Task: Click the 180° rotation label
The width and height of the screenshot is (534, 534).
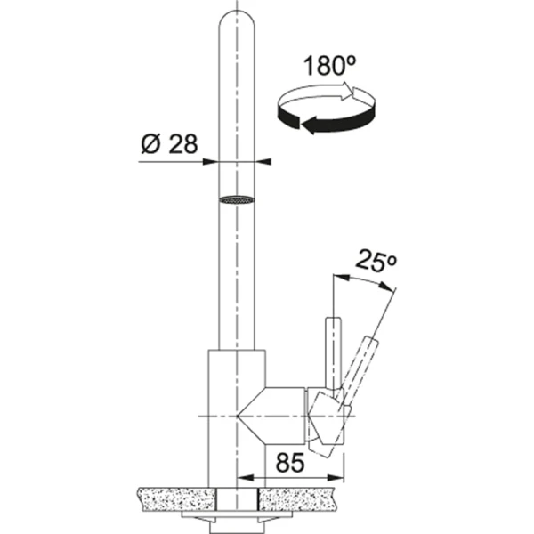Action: click(329, 66)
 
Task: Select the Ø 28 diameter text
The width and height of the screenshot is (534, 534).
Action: click(169, 144)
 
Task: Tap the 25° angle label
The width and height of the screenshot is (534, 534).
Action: click(376, 261)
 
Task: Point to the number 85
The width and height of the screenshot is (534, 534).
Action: click(290, 463)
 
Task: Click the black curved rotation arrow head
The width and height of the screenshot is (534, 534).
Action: click(309, 125)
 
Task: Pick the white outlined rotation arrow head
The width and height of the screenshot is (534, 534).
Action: click(349, 91)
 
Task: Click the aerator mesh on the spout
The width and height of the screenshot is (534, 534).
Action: click(237, 200)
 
